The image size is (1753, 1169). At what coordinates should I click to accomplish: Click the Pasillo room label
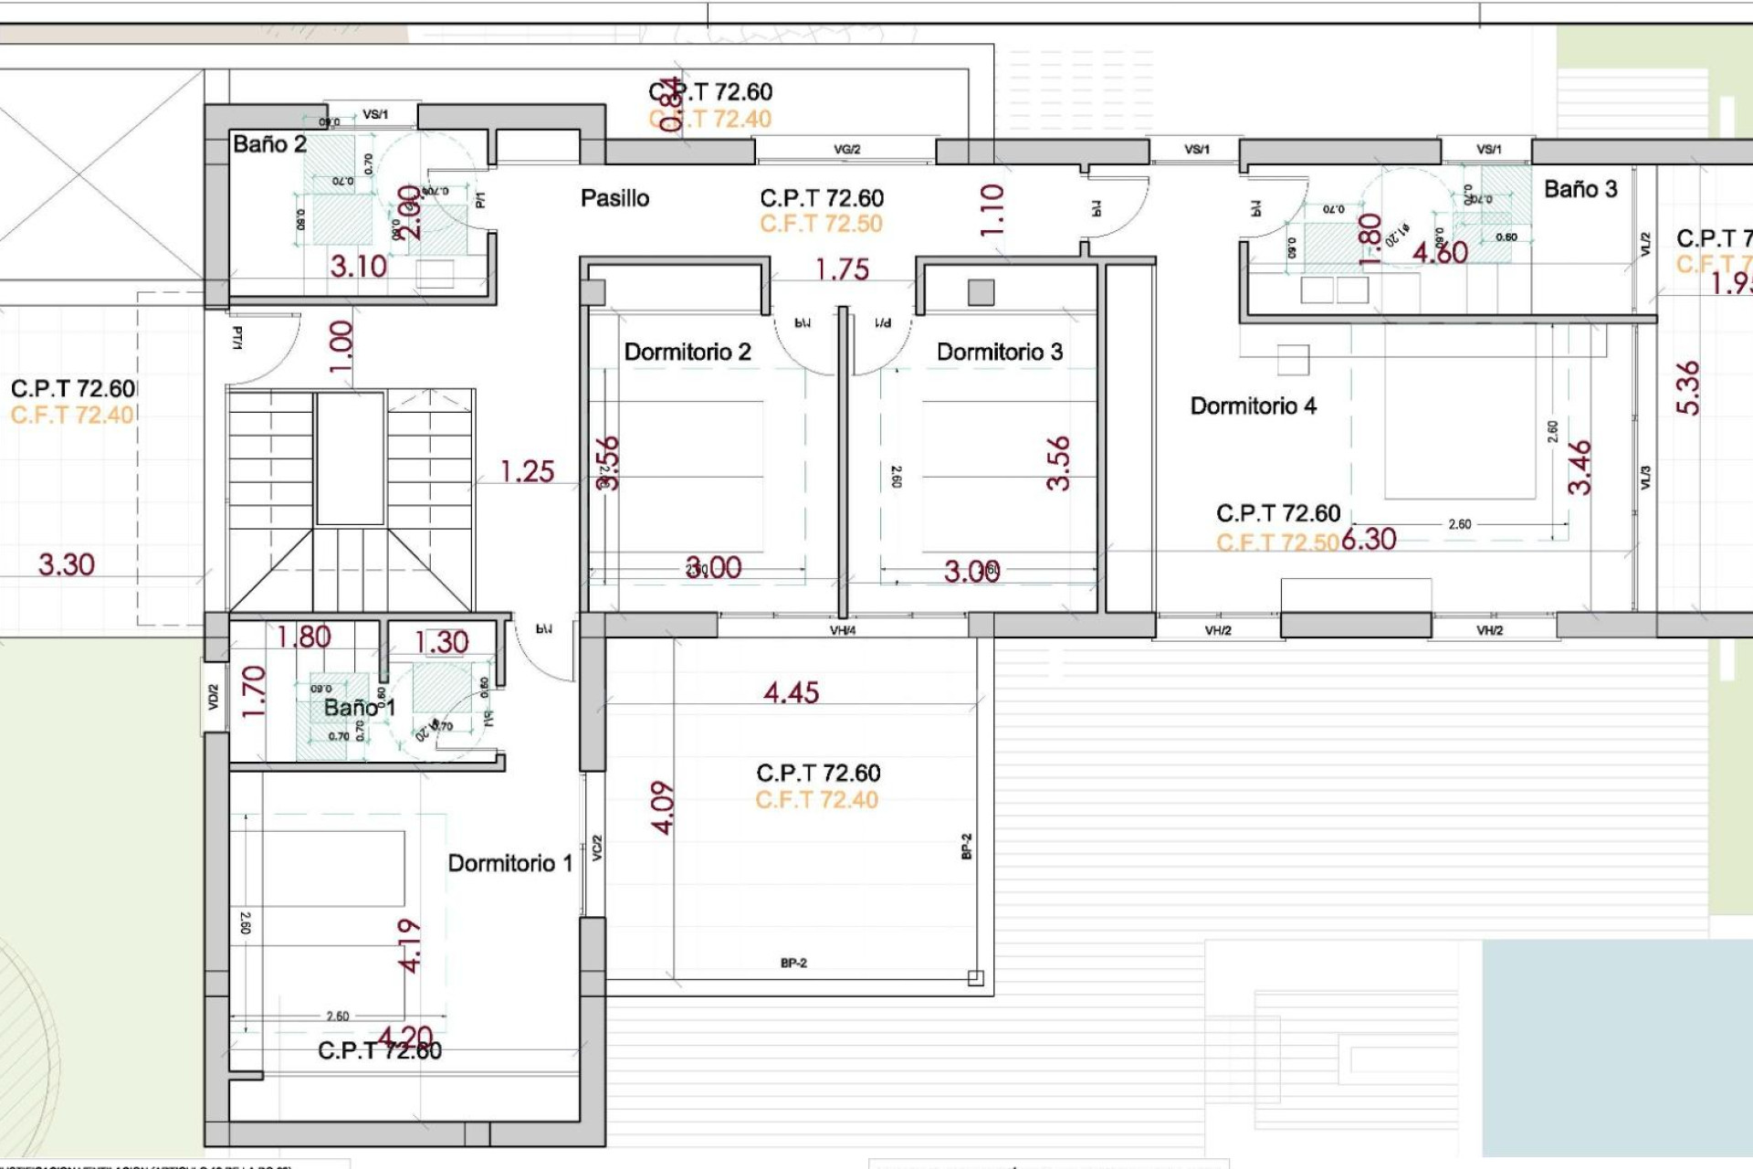click(614, 198)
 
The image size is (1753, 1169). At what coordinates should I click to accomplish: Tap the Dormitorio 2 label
click(687, 352)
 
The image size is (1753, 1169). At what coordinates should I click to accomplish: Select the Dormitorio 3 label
click(999, 352)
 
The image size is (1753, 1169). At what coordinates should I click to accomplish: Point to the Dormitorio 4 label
click(1253, 405)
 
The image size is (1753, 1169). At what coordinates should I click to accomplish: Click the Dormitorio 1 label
click(509, 863)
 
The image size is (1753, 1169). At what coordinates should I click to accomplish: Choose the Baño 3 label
click(1580, 189)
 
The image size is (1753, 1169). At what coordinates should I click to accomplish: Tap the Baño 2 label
click(269, 144)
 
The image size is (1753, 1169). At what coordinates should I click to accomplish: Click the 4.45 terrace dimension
click(791, 692)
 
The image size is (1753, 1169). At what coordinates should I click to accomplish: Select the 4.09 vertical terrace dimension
click(663, 807)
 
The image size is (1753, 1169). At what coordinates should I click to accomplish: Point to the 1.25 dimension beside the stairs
click(527, 471)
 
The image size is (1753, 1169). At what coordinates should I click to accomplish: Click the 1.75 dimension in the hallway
click(842, 269)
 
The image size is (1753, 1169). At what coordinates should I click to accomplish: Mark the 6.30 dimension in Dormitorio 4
click(1369, 539)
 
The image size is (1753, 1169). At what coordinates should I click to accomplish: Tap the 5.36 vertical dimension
click(1688, 388)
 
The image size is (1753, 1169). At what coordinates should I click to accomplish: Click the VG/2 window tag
click(846, 149)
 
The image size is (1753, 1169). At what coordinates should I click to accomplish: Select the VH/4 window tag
click(842, 630)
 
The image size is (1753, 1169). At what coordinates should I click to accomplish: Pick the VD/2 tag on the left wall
click(213, 697)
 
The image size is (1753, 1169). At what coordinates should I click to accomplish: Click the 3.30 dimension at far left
click(66, 564)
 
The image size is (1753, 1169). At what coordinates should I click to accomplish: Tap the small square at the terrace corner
click(975, 978)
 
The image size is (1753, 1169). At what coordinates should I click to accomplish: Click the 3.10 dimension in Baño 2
click(358, 267)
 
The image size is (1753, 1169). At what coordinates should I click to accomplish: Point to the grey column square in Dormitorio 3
click(981, 292)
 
